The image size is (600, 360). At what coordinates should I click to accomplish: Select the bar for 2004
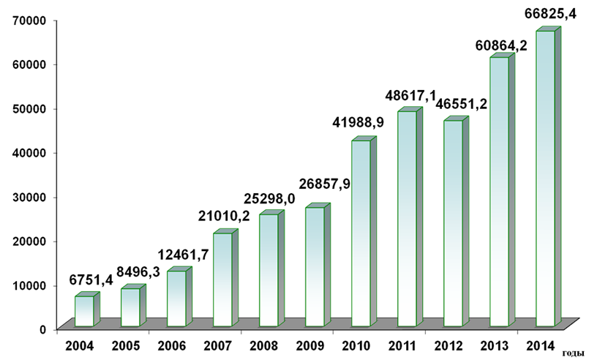pyautogui.click(x=85, y=310)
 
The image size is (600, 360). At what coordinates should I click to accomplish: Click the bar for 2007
pyautogui.click(x=223, y=279)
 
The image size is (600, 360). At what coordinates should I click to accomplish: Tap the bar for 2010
pyautogui.click(x=361, y=233)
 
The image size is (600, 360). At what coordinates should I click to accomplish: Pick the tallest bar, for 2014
pyautogui.click(x=546, y=179)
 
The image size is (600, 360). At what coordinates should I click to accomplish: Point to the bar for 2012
pyautogui.click(x=454, y=222)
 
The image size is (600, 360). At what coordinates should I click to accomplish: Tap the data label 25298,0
pyautogui.click(x=274, y=199)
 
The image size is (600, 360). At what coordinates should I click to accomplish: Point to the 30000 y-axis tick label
pyautogui.click(x=32, y=197)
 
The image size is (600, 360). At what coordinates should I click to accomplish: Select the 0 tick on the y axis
pyautogui.click(x=43, y=329)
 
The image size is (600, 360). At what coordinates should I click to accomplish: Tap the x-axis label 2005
pyautogui.click(x=125, y=345)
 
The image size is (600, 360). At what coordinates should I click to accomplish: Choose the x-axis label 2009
pyautogui.click(x=310, y=345)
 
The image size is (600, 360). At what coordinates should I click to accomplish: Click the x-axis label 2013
pyautogui.click(x=495, y=345)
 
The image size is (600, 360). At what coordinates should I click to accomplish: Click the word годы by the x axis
pyautogui.click(x=574, y=353)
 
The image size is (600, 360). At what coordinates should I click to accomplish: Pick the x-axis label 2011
pyautogui.click(x=402, y=345)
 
